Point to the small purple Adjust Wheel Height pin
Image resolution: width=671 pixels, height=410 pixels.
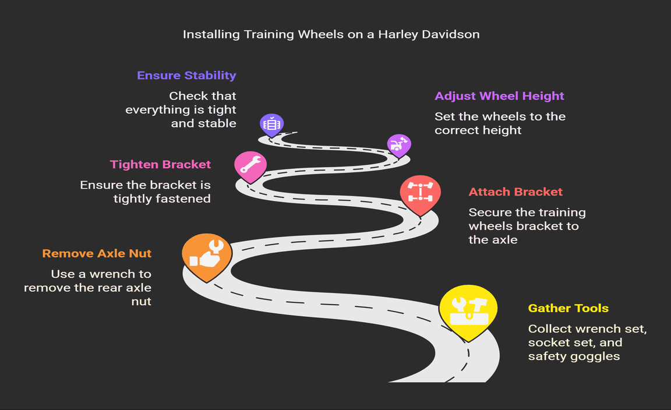pos(399,146)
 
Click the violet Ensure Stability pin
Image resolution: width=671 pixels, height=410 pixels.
pos(272,125)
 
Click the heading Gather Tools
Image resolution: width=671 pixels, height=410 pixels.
pos(568,308)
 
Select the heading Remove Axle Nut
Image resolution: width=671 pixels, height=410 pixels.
pos(97,253)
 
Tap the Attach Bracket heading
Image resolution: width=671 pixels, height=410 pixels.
pos(515,192)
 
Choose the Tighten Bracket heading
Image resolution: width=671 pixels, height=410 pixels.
pos(161,164)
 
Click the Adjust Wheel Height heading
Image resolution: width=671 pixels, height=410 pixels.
pos(499,96)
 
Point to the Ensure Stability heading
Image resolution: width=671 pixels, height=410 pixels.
pos(186,76)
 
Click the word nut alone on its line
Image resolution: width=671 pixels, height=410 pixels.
pos(141,302)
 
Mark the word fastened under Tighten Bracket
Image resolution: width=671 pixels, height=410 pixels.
pos(183,199)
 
